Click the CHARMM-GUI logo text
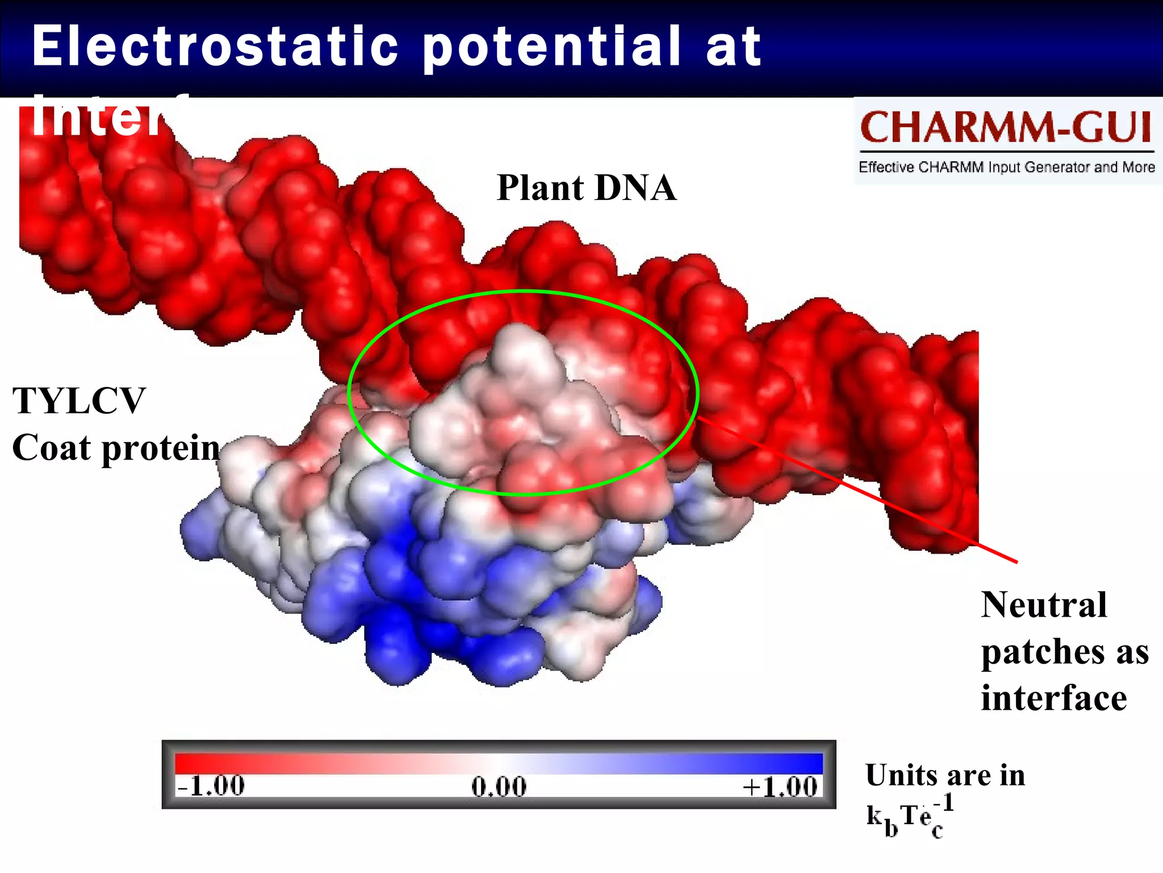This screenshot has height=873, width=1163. (x=1006, y=127)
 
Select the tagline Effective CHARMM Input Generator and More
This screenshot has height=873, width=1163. (x=1006, y=167)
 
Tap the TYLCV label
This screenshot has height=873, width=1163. (x=79, y=401)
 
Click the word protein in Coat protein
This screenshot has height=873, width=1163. (x=161, y=449)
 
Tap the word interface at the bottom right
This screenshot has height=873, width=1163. (x=1053, y=698)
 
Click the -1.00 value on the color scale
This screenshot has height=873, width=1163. (x=211, y=787)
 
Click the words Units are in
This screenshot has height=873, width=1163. (x=945, y=775)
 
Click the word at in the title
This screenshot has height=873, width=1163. (x=733, y=47)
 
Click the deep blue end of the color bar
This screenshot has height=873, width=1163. (x=801, y=763)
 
